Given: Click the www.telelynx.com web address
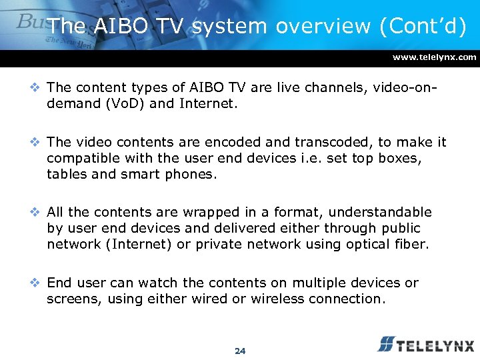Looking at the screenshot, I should (x=435, y=57).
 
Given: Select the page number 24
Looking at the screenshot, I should (x=240, y=351).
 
